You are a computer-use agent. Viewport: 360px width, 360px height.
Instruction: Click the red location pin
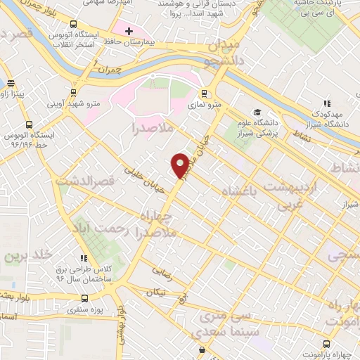click(x=180, y=165)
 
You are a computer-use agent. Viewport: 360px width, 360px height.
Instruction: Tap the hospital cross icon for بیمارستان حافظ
click(x=129, y=32)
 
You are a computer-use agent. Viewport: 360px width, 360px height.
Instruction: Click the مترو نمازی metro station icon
click(x=205, y=93)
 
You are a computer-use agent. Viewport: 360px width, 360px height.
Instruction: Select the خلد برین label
click(x=20, y=254)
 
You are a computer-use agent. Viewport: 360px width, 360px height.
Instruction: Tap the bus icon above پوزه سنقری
click(x=84, y=297)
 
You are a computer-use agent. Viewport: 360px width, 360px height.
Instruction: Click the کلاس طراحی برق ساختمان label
click(x=84, y=273)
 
